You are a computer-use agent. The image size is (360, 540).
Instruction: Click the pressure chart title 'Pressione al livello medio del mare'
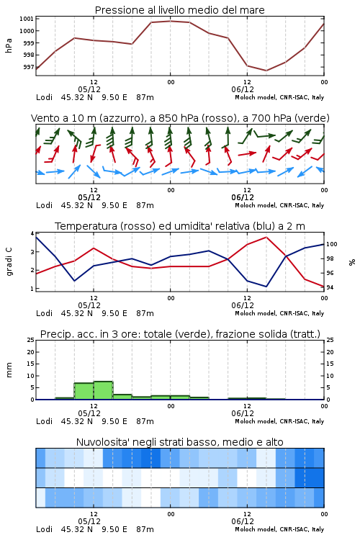click(179, 10)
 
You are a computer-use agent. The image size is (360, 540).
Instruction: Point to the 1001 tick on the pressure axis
click(26, 19)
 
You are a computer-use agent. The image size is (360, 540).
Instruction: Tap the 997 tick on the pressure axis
click(28, 67)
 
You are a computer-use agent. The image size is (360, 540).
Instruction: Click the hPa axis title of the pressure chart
click(9, 45)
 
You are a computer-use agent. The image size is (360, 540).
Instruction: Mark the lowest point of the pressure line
click(266, 71)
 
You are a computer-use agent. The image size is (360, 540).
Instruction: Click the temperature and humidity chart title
click(179, 226)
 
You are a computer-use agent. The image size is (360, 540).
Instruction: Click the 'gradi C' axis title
click(9, 261)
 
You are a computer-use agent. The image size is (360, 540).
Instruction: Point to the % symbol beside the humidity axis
click(352, 262)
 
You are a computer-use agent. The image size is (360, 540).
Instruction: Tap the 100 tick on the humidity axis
click(331, 244)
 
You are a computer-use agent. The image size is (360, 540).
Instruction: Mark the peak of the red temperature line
click(266, 237)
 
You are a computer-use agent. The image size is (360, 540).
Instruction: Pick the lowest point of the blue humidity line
click(266, 287)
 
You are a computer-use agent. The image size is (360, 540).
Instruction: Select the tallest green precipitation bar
click(104, 390)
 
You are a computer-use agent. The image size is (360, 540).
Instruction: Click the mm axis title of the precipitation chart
click(9, 369)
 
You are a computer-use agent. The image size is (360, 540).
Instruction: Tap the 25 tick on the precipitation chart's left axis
click(30, 340)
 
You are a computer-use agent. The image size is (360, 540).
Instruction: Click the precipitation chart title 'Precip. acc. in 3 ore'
click(180, 334)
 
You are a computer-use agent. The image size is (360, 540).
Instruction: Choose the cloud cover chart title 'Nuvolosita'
click(179, 442)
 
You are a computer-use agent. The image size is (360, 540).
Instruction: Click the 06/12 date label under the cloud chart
click(243, 521)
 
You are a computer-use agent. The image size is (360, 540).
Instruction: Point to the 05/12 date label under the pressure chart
click(89, 89)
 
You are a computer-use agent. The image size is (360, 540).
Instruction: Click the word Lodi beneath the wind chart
click(44, 205)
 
